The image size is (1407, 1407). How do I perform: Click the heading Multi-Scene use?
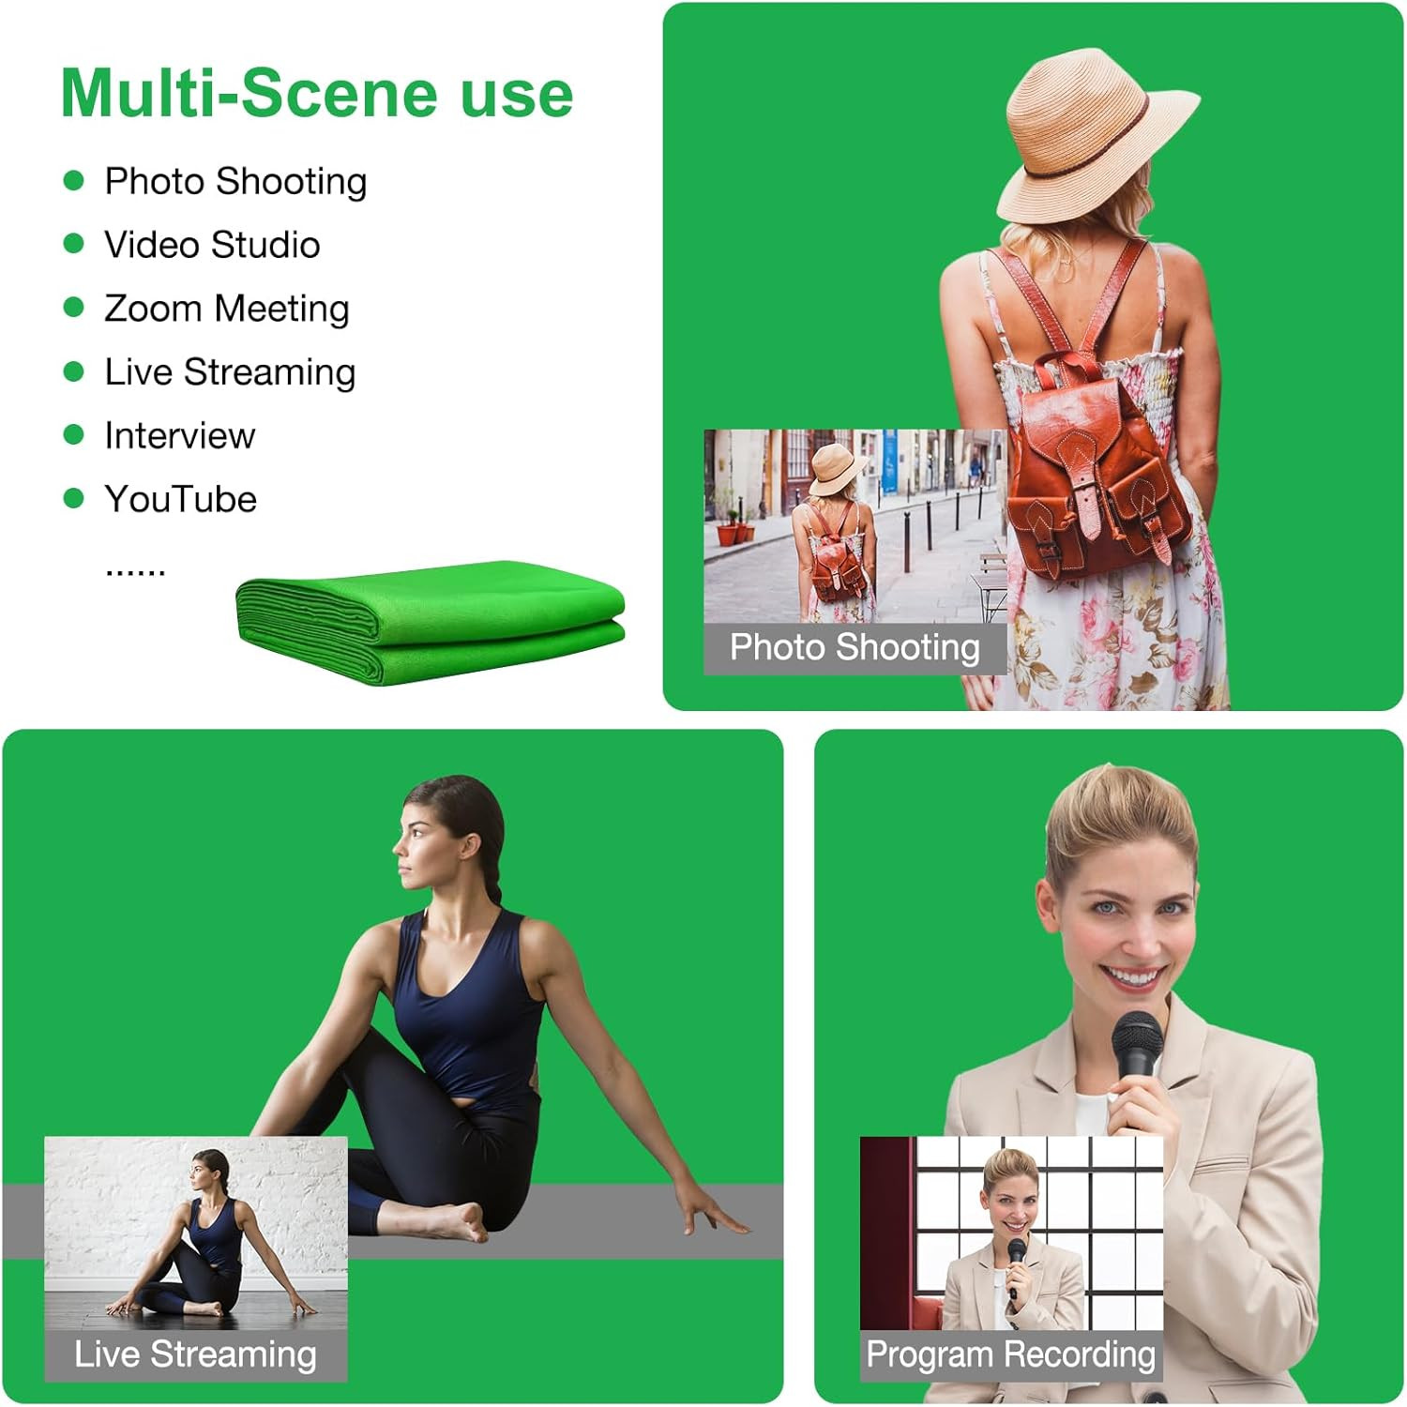pos(317,94)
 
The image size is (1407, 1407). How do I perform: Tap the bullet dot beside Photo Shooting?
pos(73,180)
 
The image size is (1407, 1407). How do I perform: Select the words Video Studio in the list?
pos(212,245)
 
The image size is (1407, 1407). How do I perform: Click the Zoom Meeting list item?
pos(227,309)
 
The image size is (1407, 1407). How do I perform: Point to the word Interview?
pos(180,435)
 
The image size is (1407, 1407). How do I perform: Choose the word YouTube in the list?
pos(181,499)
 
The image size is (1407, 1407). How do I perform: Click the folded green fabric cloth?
pos(431,622)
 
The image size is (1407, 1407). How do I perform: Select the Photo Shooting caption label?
pos(855,647)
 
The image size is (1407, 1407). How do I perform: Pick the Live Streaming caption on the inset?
pos(195,1354)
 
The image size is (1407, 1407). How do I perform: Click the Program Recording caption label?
pos(1011,1354)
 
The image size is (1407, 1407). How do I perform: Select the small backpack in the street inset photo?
pos(838,563)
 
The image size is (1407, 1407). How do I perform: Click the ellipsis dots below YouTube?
pos(136,570)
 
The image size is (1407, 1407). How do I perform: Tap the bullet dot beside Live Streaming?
pos(73,371)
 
